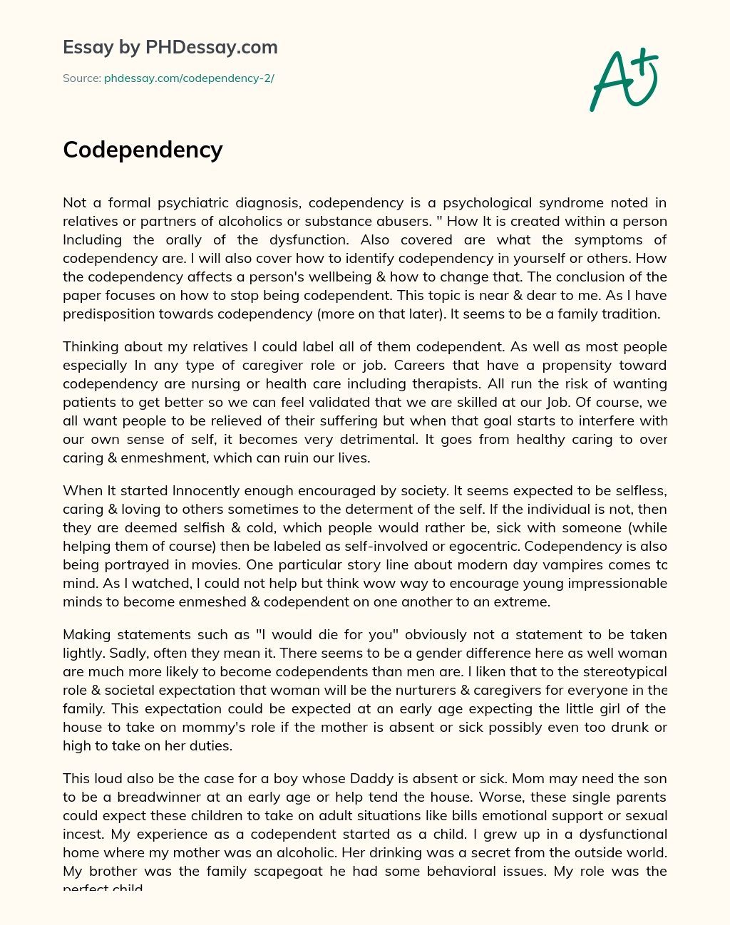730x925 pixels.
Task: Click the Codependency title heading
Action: [143, 150]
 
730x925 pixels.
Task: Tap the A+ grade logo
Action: [624, 80]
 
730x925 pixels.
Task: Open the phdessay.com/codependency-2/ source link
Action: [189, 78]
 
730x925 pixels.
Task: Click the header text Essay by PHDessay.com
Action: [170, 47]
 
